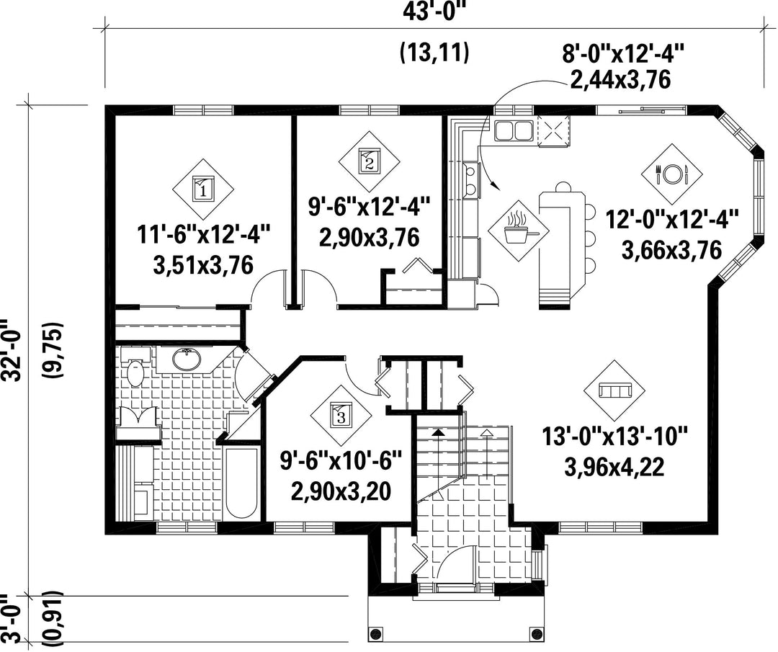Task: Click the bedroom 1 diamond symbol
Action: [202, 189]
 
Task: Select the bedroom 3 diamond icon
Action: [341, 415]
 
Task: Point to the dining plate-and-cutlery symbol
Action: [672, 174]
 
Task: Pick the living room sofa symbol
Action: [614, 390]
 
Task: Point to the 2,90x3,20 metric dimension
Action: [341, 491]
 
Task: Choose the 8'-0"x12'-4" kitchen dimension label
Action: [623, 53]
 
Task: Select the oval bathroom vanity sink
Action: [187, 360]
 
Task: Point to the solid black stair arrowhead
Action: [438, 432]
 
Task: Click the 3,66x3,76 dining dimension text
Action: [671, 251]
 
